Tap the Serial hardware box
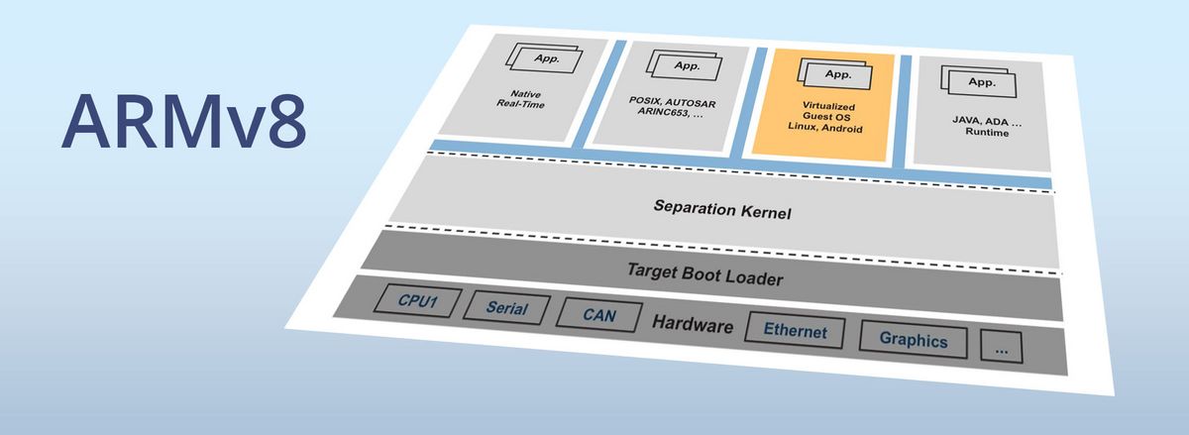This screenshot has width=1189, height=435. click(506, 309)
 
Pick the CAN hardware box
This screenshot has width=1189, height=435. click(597, 316)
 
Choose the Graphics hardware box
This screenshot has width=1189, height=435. click(913, 341)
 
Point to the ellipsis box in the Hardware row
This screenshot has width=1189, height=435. click(1001, 348)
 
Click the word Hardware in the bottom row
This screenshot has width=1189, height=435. click(693, 324)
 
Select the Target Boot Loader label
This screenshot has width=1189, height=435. click(704, 272)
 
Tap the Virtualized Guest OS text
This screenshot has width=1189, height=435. click(830, 111)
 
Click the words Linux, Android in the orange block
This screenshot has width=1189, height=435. click(829, 129)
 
